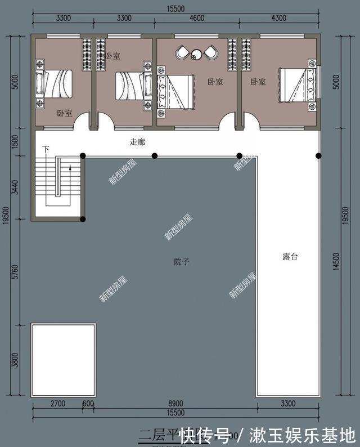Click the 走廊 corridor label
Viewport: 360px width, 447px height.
click(x=137, y=142)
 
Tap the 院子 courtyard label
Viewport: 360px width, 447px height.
click(x=181, y=262)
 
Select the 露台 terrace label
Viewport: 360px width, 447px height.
click(x=290, y=256)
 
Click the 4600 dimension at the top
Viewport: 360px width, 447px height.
click(x=196, y=18)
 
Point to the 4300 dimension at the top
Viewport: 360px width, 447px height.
click(x=279, y=18)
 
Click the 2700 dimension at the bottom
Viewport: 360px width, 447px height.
click(x=57, y=404)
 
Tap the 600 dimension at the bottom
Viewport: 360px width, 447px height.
click(x=89, y=404)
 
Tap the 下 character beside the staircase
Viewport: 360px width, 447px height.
click(x=46, y=149)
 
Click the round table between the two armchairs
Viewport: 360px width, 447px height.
click(x=196, y=54)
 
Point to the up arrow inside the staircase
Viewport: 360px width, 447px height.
click(x=70, y=167)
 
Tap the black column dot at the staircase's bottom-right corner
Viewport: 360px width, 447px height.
click(x=83, y=219)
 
